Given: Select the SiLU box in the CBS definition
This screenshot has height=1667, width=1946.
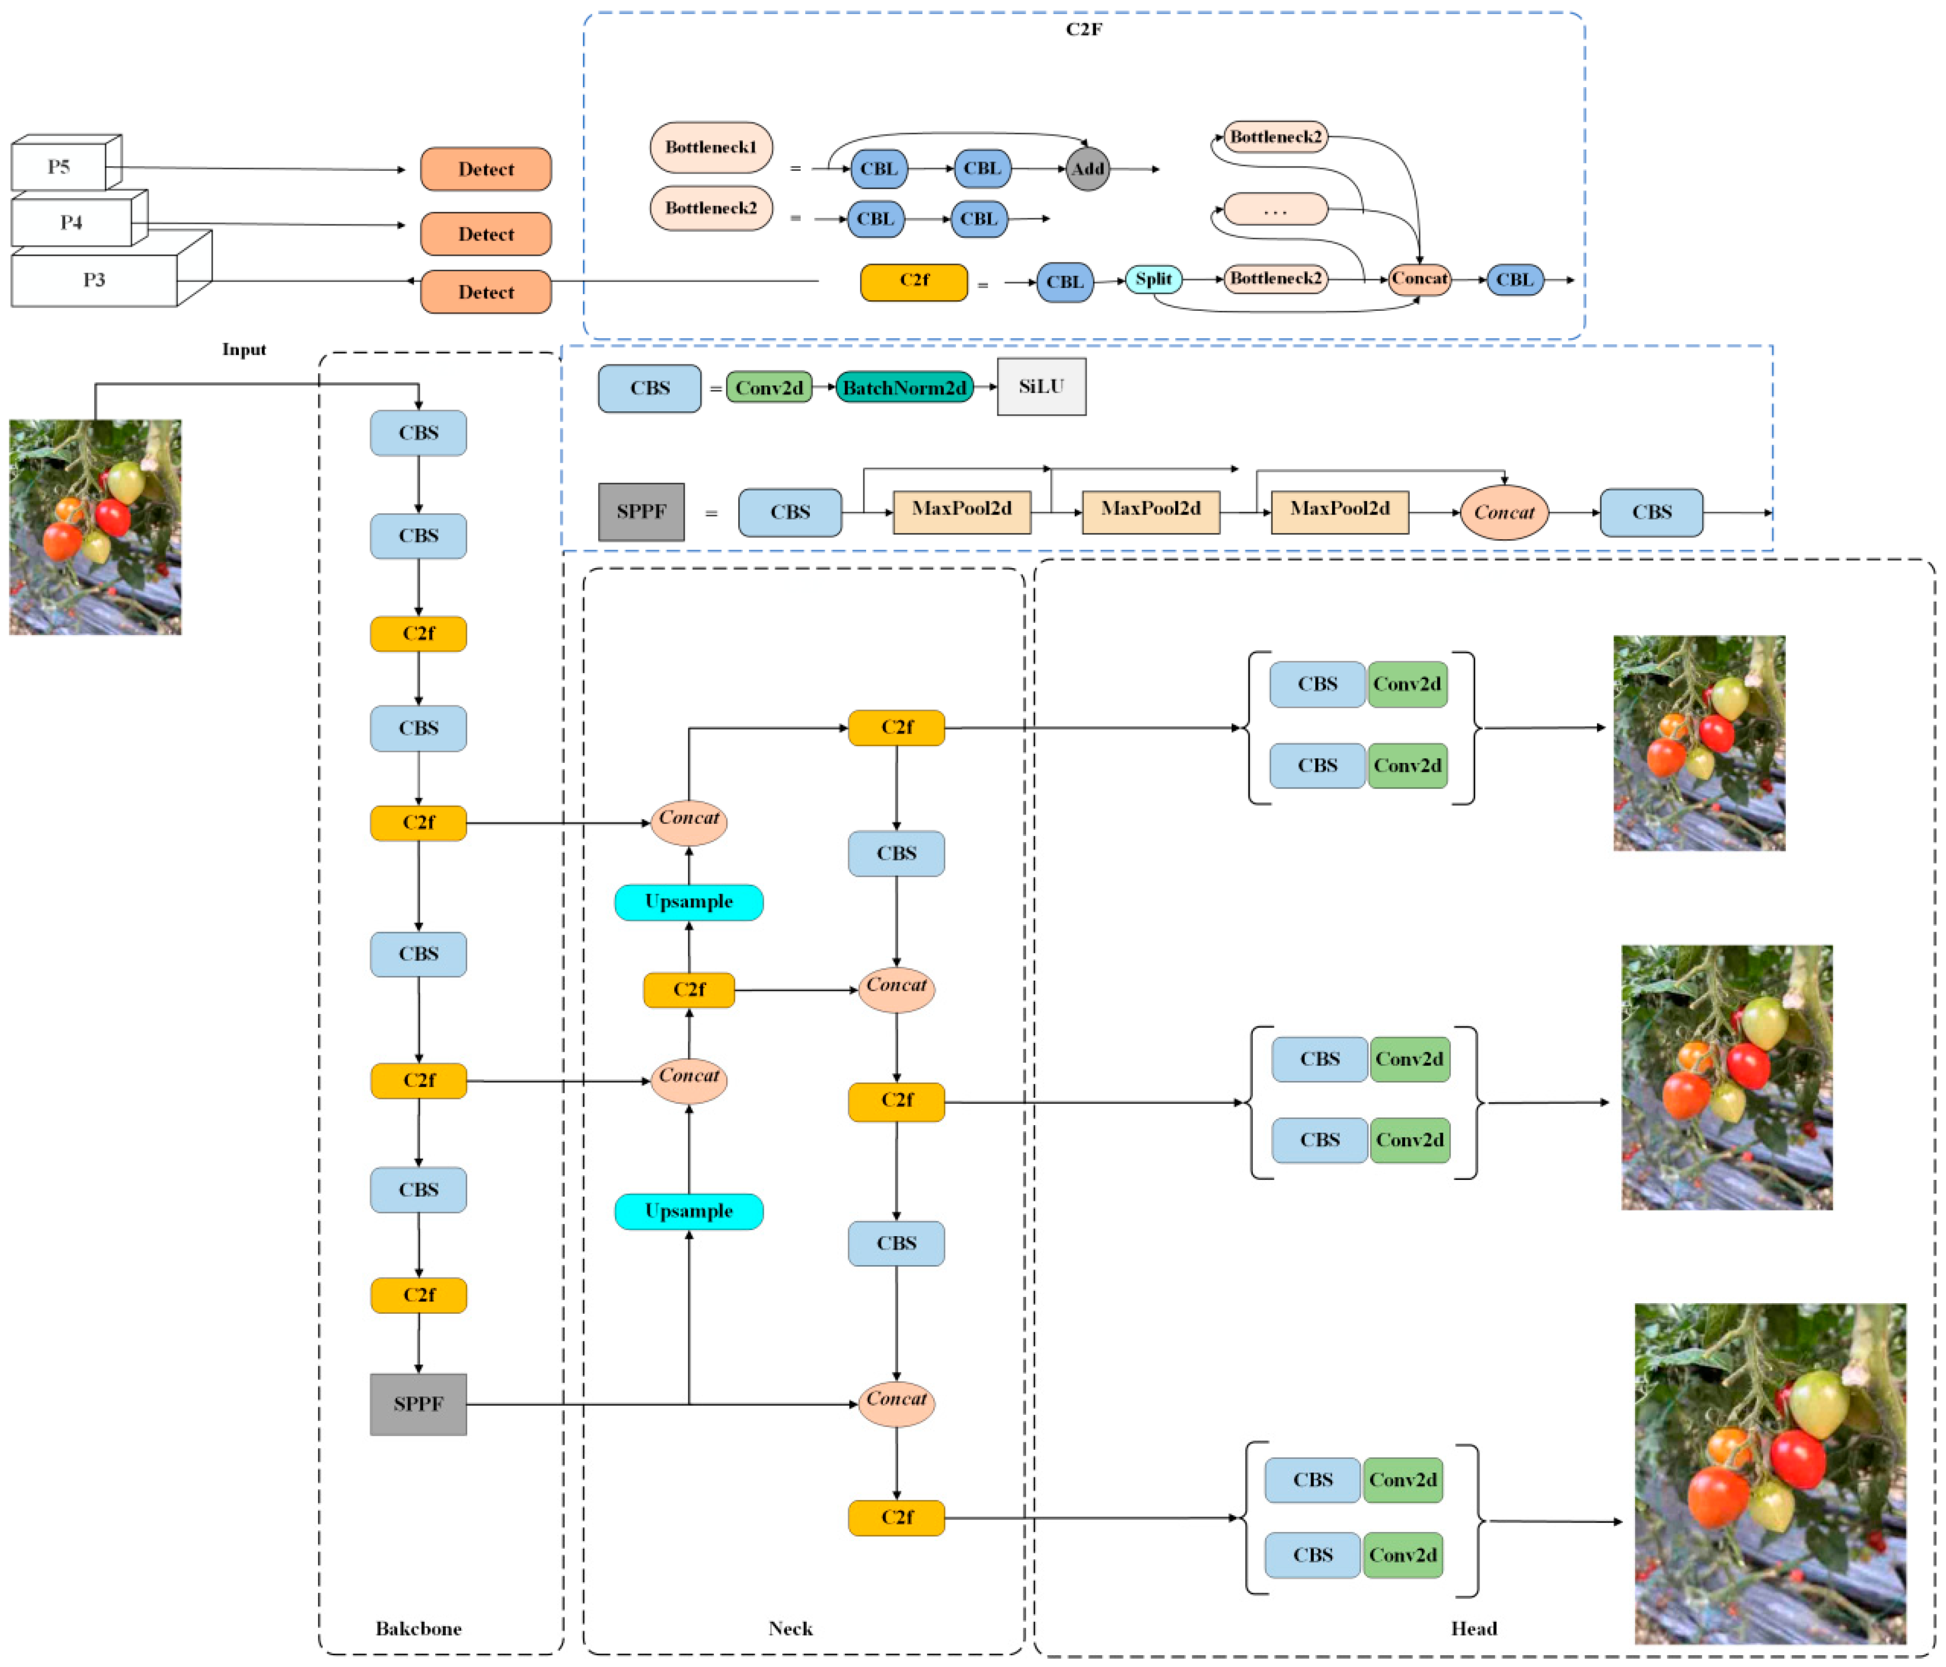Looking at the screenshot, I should pyautogui.click(x=1041, y=386).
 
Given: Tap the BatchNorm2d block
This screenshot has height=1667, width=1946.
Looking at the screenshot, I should pyautogui.click(x=904, y=387).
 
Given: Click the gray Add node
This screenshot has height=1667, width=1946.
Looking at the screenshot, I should pyautogui.click(x=1088, y=169).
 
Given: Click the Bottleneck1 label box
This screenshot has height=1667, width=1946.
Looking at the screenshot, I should pyautogui.click(x=711, y=147).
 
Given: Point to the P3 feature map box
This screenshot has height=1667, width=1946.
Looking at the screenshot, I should pyautogui.click(x=94, y=280).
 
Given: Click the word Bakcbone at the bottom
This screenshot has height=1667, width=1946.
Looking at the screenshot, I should pyautogui.click(x=418, y=1627).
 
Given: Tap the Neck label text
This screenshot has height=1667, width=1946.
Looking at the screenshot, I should pyautogui.click(x=790, y=1627).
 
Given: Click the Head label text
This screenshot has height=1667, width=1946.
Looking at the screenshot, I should pyautogui.click(x=1473, y=1627).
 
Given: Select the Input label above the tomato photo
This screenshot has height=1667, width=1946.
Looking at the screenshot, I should pyautogui.click(x=243, y=349).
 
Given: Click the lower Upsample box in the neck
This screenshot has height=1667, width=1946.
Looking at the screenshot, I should pyautogui.click(x=689, y=1210).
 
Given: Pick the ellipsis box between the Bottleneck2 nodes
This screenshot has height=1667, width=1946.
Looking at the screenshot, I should pyautogui.click(x=1275, y=209).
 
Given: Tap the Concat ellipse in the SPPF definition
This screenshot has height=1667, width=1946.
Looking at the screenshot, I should pyautogui.click(x=1503, y=512).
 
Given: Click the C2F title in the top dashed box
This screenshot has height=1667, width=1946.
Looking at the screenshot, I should pyautogui.click(x=1084, y=29).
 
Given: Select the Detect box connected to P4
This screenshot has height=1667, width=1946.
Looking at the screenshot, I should pyautogui.click(x=486, y=234).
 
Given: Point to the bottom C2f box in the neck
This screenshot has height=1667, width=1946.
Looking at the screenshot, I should pyautogui.click(x=896, y=1517).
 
